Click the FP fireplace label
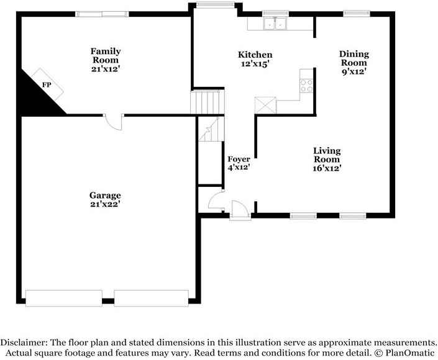[x=47, y=85]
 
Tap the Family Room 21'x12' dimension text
[x=106, y=69]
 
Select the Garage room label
[x=105, y=195]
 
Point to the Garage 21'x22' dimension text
[x=105, y=204]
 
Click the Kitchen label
[x=255, y=55]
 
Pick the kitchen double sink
[x=275, y=24]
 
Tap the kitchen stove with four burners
[x=306, y=86]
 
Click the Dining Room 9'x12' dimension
[x=354, y=72]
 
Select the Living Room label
[x=327, y=155]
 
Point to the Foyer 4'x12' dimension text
[x=239, y=168]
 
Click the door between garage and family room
[x=114, y=122]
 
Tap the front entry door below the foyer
[x=240, y=209]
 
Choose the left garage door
[x=64, y=298]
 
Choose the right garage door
[x=151, y=298]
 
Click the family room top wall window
[x=102, y=14]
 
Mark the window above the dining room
[x=357, y=14]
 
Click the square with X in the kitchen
[x=265, y=106]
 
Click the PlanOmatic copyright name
[x=410, y=353]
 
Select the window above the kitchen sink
[x=275, y=14]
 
